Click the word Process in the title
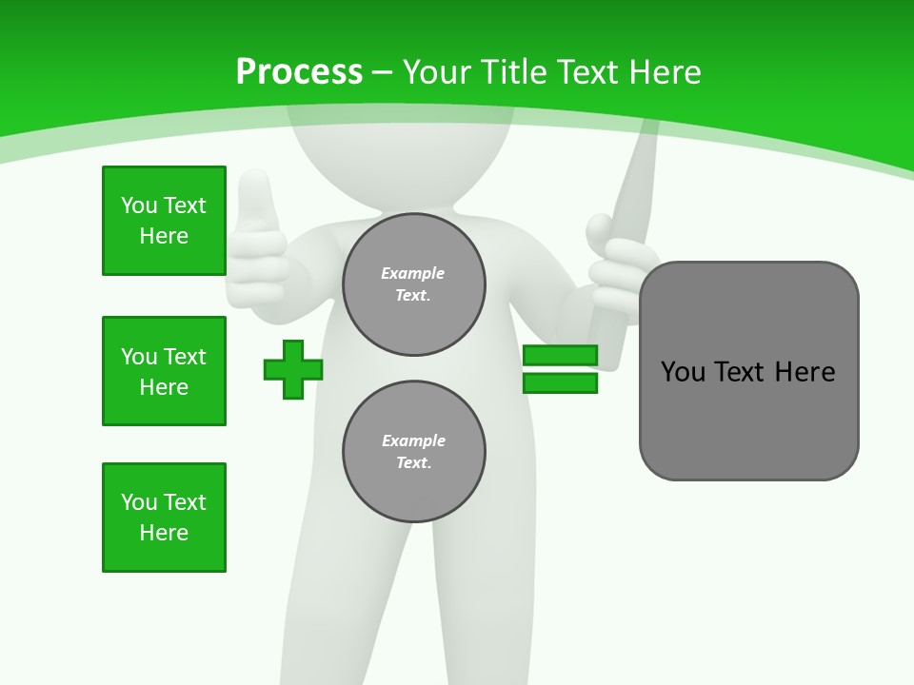pos(299,72)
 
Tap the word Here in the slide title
pos(665,72)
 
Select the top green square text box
pos(164,221)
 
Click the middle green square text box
pos(164,371)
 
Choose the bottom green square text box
pos(164,518)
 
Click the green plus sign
pos(292,369)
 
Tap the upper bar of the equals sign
pos(560,356)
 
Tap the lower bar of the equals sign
pos(560,383)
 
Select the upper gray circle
pos(414,284)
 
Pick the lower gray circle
pos(414,452)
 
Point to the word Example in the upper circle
pos(413,273)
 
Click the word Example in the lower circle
pos(413,440)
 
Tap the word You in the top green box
pos(138,205)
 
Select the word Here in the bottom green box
pos(164,533)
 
